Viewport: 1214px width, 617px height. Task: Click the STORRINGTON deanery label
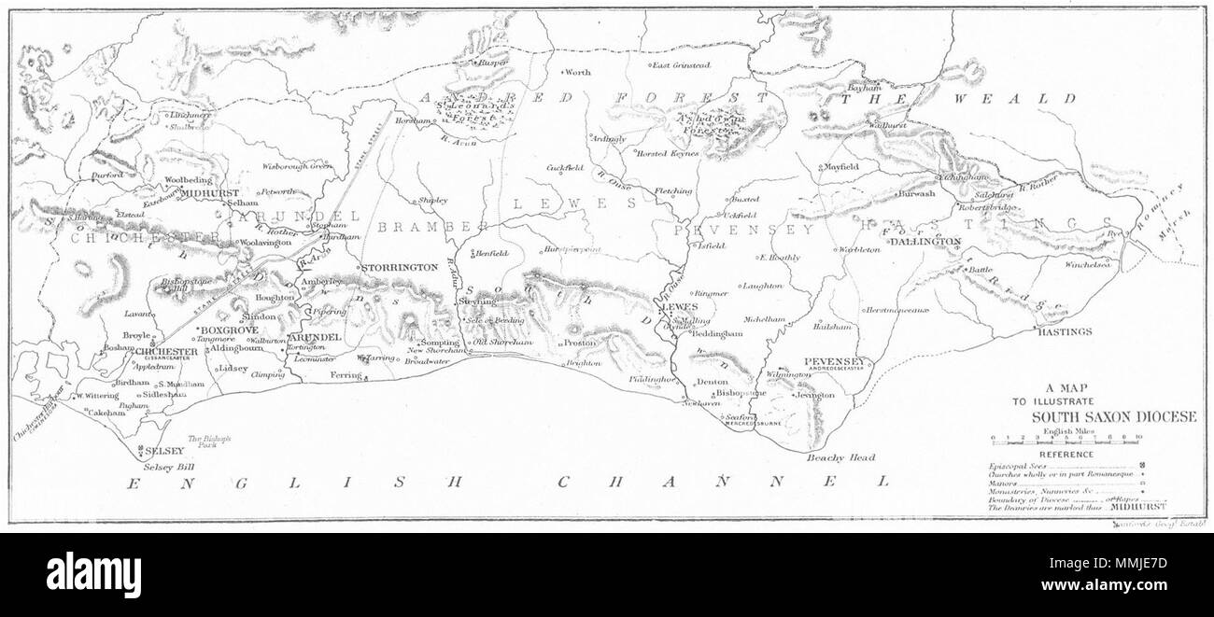tap(399, 267)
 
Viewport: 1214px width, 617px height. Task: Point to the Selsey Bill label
tap(161, 465)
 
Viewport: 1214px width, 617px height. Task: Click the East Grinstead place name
tap(682, 65)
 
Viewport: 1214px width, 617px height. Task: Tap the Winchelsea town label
tap(1088, 264)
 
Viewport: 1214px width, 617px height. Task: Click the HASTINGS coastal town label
tap(1065, 331)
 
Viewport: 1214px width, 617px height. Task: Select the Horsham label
tap(411, 122)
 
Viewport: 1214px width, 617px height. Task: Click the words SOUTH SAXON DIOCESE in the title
tap(1113, 416)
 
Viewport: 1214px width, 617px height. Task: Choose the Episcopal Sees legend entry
tap(1013, 465)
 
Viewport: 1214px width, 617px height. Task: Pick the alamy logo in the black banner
tap(93, 574)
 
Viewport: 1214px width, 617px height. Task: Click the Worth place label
tap(578, 72)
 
